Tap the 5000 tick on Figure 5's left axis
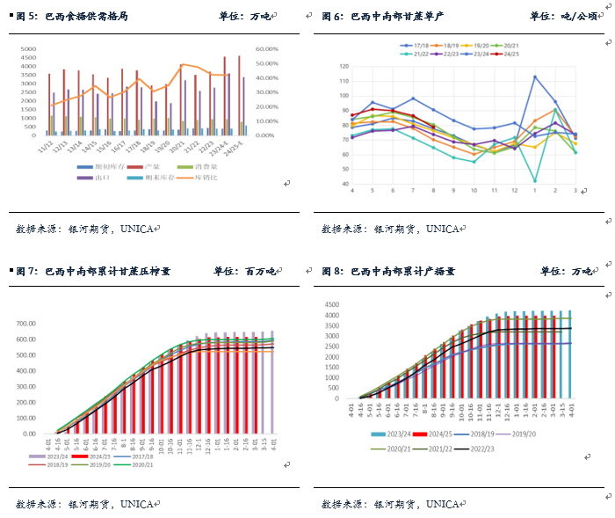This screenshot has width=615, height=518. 28,50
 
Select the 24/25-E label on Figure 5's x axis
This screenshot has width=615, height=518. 239,146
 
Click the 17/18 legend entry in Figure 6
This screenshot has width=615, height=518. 416,44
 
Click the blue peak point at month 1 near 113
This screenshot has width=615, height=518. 535,77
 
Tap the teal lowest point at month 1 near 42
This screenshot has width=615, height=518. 535,180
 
